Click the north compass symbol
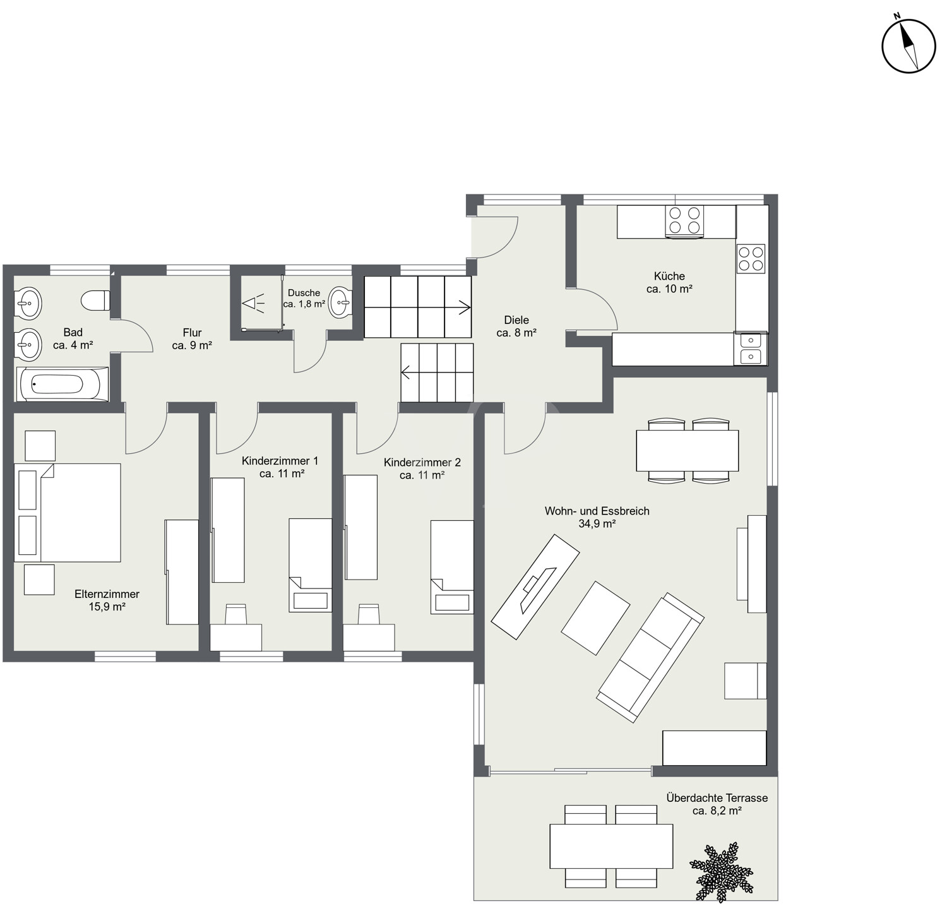click(x=908, y=46)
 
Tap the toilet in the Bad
click(x=96, y=300)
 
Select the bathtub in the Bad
click(x=61, y=384)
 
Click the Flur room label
click(x=192, y=339)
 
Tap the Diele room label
click(x=516, y=326)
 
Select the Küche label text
click(x=669, y=276)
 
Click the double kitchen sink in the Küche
click(x=750, y=349)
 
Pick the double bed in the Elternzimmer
click(x=68, y=513)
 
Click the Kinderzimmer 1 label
click(x=280, y=461)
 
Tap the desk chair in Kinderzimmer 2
click(x=369, y=614)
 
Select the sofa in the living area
click(x=651, y=657)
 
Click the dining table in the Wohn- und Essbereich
click(x=688, y=450)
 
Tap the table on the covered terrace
click(x=611, y=846)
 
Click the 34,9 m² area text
click(x=597, y=523)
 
